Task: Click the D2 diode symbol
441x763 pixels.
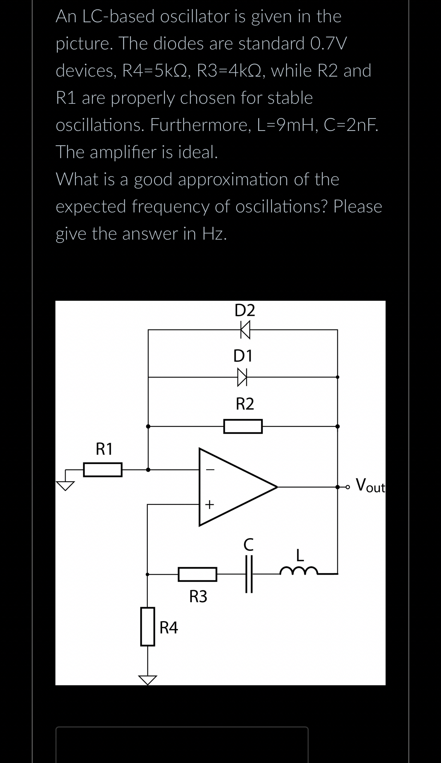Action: point(245,329)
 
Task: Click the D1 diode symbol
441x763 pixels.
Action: point(242,377)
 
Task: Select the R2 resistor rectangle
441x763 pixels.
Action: point(243,426)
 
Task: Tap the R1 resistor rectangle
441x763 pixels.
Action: point(103,470)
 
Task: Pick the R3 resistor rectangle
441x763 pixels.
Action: point(198,574)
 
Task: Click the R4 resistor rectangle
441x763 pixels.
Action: point(148,626)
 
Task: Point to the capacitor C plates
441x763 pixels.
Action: point(249,574)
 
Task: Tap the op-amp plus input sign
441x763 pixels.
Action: point(210,504)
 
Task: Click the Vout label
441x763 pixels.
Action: point(371,485)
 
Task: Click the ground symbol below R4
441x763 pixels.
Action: point(147,679)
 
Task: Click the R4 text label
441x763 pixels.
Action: point(169,628)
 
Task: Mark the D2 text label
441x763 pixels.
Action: point(245,310)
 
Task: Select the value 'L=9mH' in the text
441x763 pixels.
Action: point(288,125)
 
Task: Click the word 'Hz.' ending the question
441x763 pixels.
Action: point(214,234)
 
